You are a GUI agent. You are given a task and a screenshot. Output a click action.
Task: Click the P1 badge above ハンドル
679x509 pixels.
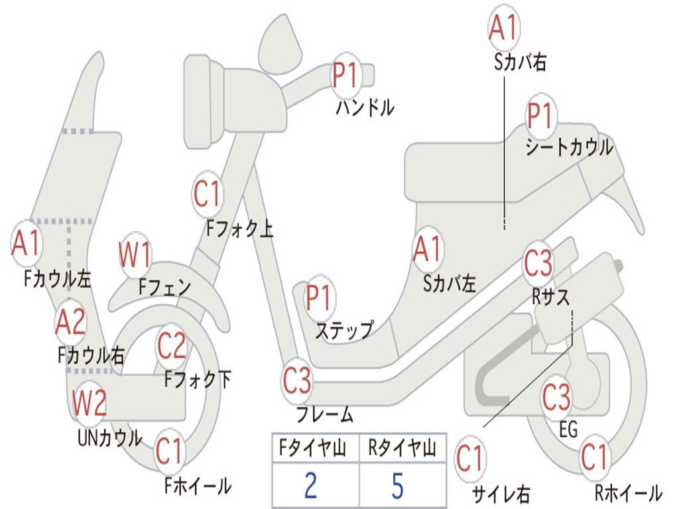click(345, 75)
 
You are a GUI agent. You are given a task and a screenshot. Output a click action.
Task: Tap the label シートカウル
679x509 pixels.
click(569, 148)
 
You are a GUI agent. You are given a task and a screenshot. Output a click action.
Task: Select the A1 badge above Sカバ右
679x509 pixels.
click(503, 28)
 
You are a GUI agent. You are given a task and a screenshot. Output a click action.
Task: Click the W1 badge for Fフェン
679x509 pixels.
click(135, 256)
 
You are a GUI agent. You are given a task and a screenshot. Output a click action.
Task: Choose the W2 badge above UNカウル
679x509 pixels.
click(90, 403)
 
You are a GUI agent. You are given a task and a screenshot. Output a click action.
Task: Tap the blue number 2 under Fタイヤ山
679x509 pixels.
click(310, 486)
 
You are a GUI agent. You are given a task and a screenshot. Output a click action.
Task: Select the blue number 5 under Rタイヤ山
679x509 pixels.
click(397, 486)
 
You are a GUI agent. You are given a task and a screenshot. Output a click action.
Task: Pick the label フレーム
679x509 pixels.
click(325, 416)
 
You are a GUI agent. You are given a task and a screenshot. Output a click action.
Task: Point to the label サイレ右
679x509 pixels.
click(501, 494)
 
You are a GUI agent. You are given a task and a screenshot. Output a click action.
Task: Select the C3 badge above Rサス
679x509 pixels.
click(538, 263)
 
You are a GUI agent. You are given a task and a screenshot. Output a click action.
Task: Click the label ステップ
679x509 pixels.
click(344, 329)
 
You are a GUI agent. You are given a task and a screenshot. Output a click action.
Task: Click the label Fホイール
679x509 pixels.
click(198, 486)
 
